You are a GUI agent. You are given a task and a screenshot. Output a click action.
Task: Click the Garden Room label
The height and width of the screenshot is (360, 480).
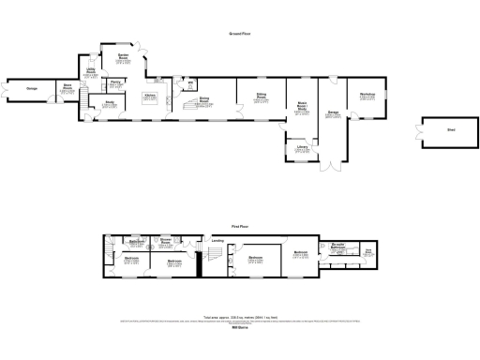click(x=123, y=56)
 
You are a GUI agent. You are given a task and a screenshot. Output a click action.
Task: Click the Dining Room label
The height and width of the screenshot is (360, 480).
click(x=203, y=97)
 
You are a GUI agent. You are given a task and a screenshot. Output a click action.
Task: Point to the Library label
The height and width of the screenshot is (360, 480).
click(x=302, y=146)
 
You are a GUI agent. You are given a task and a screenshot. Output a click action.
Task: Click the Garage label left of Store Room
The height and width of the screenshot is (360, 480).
click(x=31, y=89)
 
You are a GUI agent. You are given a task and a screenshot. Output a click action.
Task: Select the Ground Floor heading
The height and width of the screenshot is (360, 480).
click(x=240, y=34)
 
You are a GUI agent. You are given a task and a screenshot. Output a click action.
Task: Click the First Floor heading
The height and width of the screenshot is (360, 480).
click(x=240, y=227)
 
